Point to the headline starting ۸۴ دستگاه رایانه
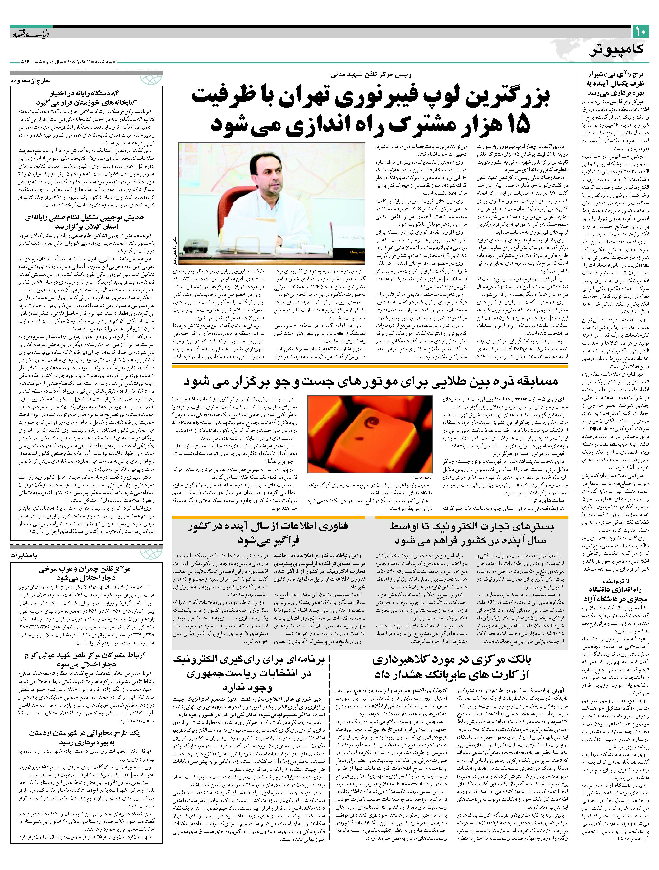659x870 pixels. click(86, 98)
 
